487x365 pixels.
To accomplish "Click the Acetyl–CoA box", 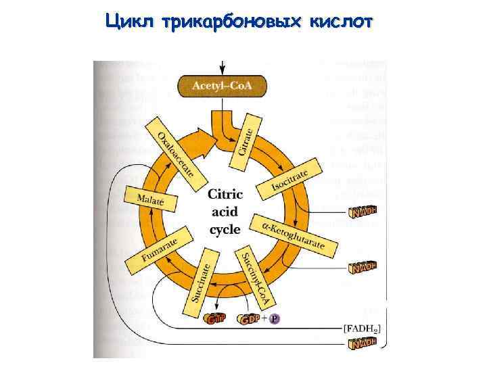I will [221, 86].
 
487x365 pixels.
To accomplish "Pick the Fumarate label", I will [160, 249].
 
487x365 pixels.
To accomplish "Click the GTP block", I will [216, 319].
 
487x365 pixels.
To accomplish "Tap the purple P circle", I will [274, 319].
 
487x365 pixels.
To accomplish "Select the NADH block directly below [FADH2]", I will [362, 345].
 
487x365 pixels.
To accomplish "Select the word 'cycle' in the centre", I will [225, 229].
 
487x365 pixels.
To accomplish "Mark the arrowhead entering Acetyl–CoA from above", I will [221, 72].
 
